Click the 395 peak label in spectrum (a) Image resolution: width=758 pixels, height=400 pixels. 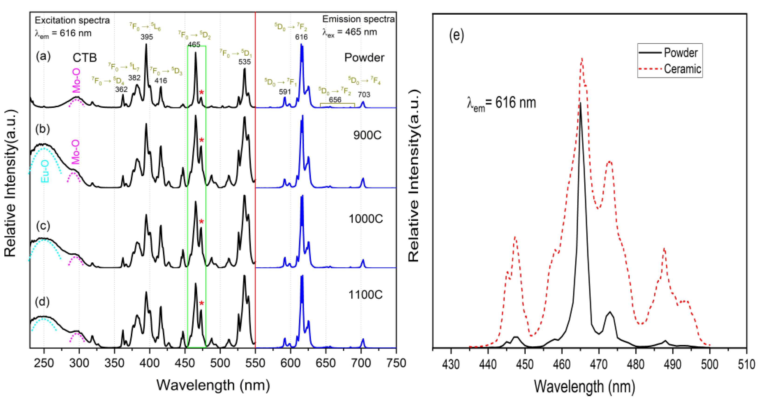pos(147,37)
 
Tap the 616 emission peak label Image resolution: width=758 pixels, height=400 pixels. pos(301,37)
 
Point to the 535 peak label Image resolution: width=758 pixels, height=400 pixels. pos(244,62)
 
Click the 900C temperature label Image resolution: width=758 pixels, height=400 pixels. pos(367,135)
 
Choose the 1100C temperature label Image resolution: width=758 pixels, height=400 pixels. pos(366,294)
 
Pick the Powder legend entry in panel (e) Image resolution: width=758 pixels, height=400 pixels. pos(681,53)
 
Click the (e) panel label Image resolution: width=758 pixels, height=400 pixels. pos(456,35)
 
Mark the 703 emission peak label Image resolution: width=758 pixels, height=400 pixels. pos(364,95)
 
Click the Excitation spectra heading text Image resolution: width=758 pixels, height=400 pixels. pos(72,20)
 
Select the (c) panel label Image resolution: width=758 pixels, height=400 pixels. pos(43,226)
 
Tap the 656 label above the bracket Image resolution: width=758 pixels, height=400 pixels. pos(335,100)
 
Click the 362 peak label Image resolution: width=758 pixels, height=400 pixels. pos(121,89)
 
